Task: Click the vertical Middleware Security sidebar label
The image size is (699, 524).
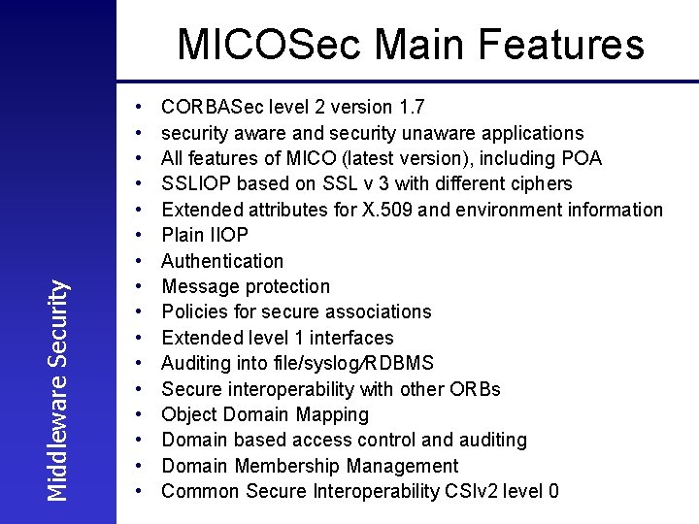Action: pos(59,389)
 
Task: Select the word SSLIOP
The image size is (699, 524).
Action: pos(194,183)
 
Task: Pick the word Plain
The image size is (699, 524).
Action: pos(183,235)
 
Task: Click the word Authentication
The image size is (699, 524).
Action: pos(222,261)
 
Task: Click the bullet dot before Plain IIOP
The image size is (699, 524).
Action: pos(141,235)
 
